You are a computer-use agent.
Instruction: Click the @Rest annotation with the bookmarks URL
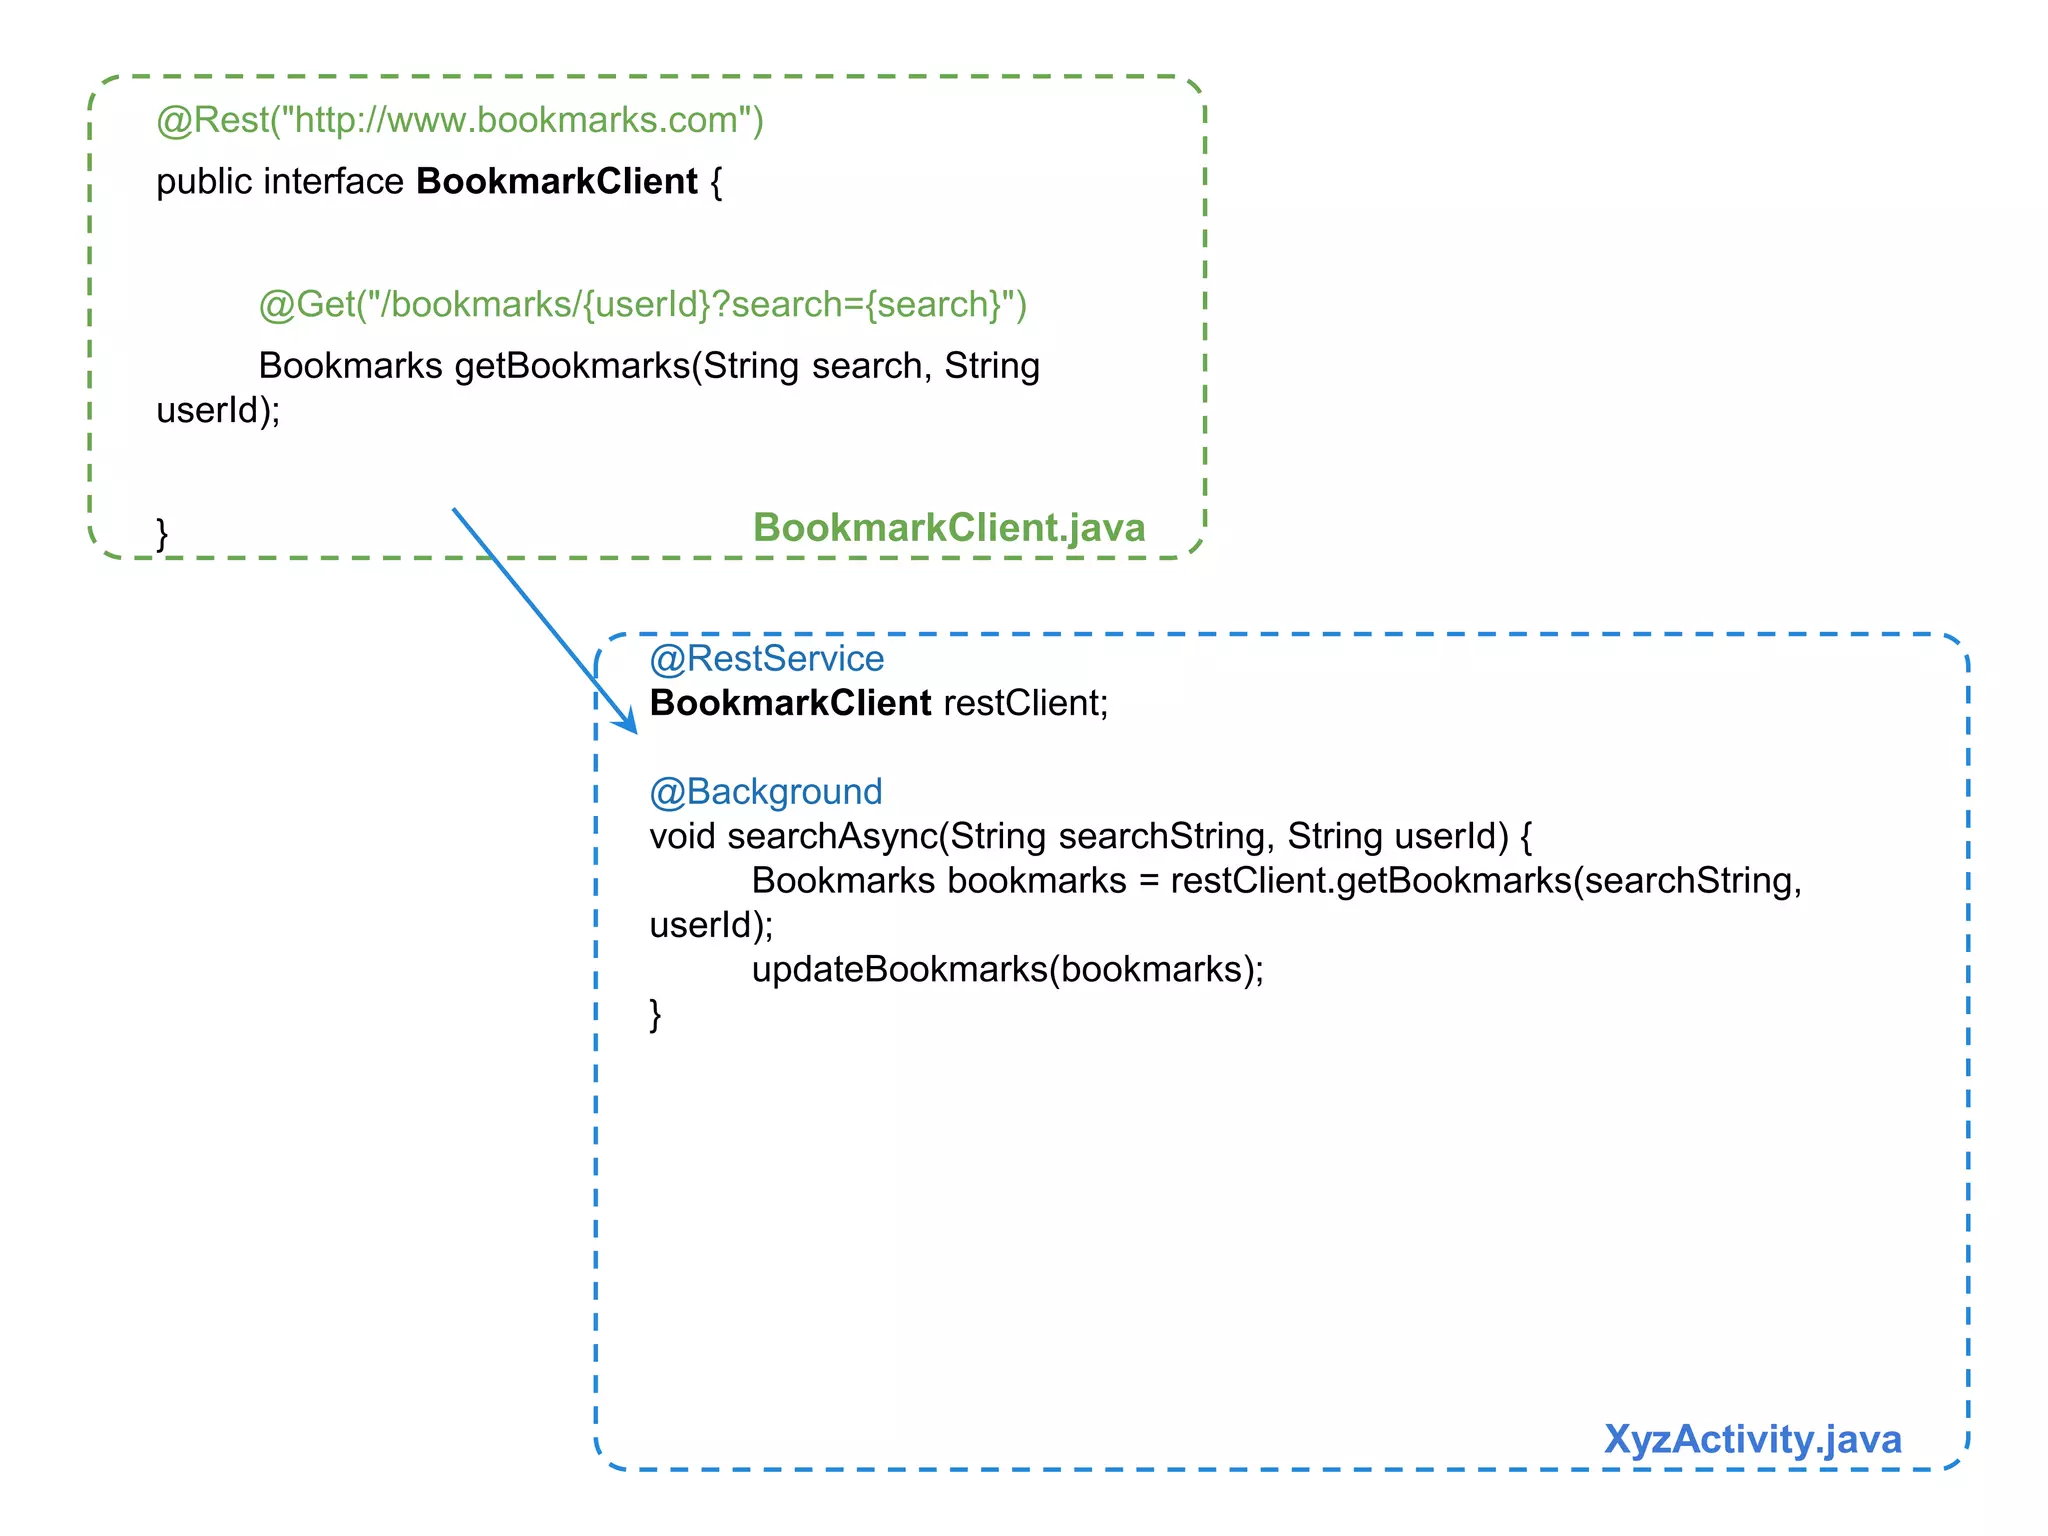pyautogui.click(x=459, y=120)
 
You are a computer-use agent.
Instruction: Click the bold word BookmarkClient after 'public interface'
pyautogui.click(x=556, y=182)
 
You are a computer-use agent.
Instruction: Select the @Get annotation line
pyautogui.click(x=642, y=304)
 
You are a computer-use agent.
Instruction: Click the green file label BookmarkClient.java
pyautogui.click(x=948, y=528)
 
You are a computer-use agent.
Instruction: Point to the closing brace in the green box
pyautogui.click(x=162, y=533)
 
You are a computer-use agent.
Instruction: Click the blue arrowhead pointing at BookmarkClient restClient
pyautogui.click(x=627, y=722)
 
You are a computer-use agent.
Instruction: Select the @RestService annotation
pyautogui.click(x=766, y=659)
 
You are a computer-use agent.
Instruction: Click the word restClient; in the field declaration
pyautogui.click(x=1025, y=703)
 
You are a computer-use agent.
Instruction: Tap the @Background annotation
pyautogui.click(x=765, y=792)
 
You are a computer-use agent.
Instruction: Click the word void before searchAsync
pyautogui.click(x=682, y=836)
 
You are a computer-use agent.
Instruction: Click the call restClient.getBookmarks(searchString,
pyautogui.click(x=1485, y=881)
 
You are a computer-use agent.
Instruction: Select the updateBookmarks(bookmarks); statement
pyautogui.click(x=1007, y=969)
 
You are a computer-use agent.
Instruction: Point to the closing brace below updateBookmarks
pyautogui.click(x=655, y=1014)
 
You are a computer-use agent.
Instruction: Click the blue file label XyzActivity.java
pyautogui.click(x=1751, y=1440)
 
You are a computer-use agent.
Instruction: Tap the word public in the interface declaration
pyautogui.click(x=204, y=182)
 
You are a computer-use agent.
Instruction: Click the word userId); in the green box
pyautogui.click(x=218, y=411)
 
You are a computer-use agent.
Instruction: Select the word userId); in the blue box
pyautogui.click(x=711, y=925)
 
